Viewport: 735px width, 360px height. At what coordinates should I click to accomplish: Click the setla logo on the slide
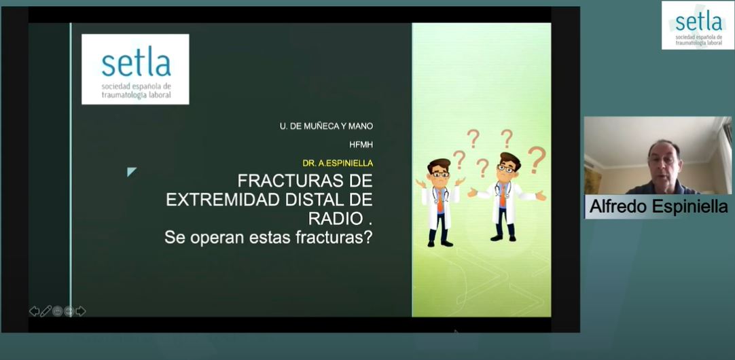(135, 69)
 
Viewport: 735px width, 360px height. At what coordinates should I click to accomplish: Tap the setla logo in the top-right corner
(698, 25)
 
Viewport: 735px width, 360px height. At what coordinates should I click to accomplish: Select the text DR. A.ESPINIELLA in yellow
(338, 163)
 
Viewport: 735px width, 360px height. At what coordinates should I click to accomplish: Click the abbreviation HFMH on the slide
(361, 145)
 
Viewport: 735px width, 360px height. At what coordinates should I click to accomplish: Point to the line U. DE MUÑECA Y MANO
(326, 126)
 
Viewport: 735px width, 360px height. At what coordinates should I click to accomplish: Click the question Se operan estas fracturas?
(268, 237)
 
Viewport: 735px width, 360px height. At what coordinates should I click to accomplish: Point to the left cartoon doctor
(440, 202)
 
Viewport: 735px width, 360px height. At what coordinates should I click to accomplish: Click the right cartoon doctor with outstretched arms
(506, 196)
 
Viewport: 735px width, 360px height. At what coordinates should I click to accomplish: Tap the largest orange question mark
(537, 160)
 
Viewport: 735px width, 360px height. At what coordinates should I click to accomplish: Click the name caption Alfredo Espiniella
(658, 206)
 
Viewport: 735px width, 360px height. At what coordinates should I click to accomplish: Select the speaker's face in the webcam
(663, 161)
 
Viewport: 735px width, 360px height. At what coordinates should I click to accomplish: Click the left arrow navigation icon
(34, 311)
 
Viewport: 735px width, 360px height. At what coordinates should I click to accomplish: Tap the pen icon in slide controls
(46, 311)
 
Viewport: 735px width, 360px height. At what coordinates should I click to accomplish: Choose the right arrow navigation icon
(81, 311)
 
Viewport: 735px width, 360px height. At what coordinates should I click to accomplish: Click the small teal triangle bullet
(131, 172)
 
